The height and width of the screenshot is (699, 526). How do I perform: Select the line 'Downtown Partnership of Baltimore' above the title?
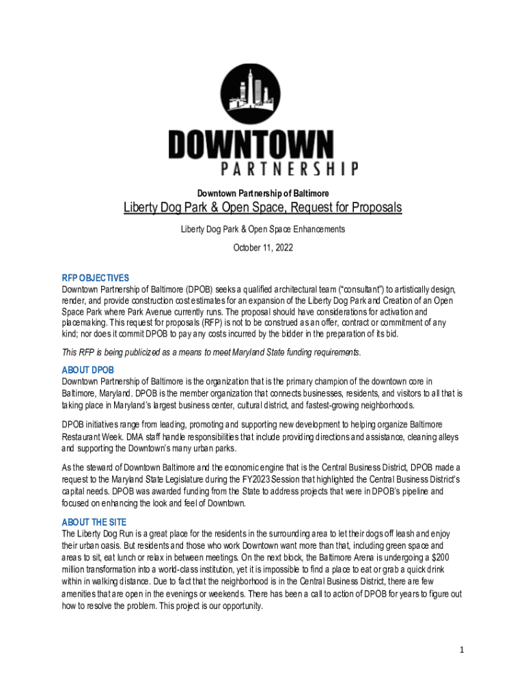coord(263,194)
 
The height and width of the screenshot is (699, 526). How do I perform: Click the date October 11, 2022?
coord(263,248)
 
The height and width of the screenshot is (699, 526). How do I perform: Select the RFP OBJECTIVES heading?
coord(95,279)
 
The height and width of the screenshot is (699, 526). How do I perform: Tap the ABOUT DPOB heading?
coord(87,370)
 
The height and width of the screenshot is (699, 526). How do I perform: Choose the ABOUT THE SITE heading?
coord(94,522)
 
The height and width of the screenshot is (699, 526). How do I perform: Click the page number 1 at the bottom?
coord(462,650)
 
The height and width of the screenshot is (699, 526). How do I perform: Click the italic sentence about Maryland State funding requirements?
coord(211,352)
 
